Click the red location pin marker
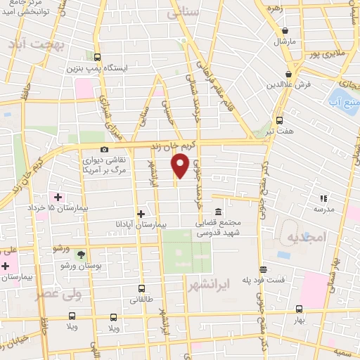click(180, 165)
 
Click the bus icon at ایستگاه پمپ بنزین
click(97, 58)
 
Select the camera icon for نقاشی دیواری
click(105, 149)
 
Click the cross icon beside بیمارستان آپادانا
click(141, 213)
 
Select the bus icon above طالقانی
click(142, 288)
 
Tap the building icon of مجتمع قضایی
click(218, 212)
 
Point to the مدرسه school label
click(324, 209)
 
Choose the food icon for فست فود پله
click(263, 269)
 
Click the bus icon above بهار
click(299, 309)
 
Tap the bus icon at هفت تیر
click(280, 120)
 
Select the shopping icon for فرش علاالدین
click(289, 74)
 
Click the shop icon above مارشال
click(285, 31)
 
